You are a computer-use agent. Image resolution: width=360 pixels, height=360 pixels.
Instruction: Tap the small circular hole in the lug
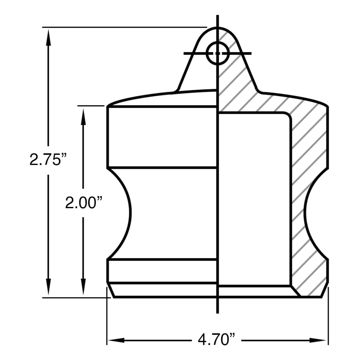(x=217, y=53)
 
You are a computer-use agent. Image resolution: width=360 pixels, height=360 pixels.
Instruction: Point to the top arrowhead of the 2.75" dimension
(x=48, y=37)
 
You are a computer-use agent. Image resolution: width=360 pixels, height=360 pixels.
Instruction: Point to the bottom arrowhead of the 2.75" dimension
(x=48, y=287)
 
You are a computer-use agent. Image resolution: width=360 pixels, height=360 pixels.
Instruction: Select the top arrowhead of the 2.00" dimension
(x=83, y=117)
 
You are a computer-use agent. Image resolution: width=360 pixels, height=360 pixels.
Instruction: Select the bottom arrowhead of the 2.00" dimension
(x=83, y=287)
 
